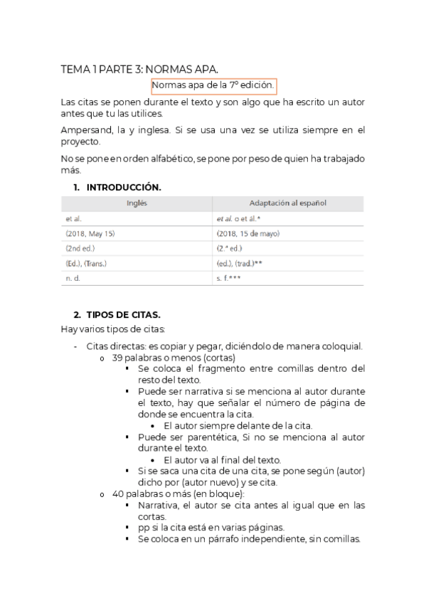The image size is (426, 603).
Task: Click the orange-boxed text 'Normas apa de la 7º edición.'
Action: (x=213, y=85)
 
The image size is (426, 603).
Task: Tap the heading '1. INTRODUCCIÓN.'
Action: (x=117, y=187)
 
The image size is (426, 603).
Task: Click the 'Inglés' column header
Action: (x=137, y=203)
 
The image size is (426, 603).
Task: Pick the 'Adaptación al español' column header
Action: (x=287, y=203)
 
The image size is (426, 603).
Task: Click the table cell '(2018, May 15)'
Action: (x=90, y=233)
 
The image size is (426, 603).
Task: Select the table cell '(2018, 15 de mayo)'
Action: (x=247, y=233)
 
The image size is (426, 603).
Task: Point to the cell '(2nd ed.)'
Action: (x=80, y=248)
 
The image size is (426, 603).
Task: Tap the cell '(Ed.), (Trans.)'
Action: (x=89, y=263)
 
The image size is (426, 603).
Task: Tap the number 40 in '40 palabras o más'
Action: (x=118, y=493)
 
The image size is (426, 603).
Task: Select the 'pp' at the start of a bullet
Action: (x=144, y=528)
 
